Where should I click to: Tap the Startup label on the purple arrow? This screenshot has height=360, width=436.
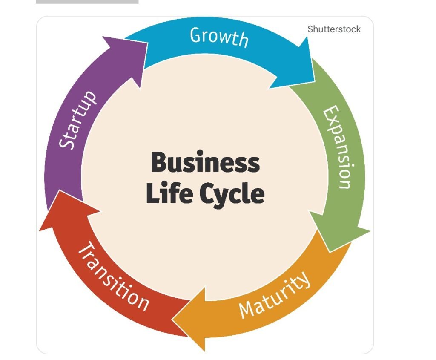78,120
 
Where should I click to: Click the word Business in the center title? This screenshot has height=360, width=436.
205,163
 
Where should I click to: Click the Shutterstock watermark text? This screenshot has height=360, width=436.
334,29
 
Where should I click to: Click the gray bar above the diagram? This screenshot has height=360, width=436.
87,2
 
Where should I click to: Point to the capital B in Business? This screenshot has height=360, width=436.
159,163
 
